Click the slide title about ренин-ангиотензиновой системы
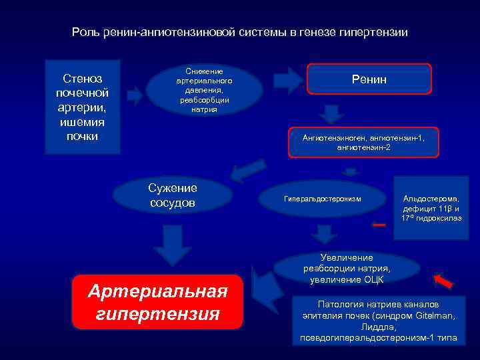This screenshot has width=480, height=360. click(239, 32)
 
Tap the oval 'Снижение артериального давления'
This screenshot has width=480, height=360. click(203, 90)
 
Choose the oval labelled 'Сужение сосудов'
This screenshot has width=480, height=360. click(172, 194)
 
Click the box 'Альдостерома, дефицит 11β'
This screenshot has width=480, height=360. click(436, 207)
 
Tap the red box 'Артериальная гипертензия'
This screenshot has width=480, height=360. click(157, 302)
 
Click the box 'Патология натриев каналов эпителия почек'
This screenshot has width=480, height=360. click(378, 321)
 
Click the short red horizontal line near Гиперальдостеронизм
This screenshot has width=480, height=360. click(379, 225)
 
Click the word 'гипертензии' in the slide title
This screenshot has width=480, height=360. click(376, 32)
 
